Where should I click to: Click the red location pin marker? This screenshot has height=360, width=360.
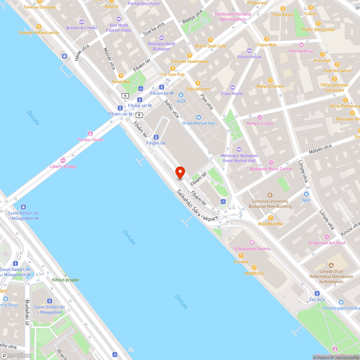coord(180,173)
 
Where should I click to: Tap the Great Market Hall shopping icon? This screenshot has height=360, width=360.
coord(198,117)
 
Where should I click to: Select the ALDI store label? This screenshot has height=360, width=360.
coord(181,101)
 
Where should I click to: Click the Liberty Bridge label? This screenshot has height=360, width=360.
coord(63,166)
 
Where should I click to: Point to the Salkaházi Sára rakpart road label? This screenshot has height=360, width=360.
coord(197,205)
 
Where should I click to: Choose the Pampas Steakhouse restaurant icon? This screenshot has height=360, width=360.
coord(189,55)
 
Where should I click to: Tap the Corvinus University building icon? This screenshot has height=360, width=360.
coord(270,195)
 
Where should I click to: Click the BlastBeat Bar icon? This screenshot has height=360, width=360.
coord(270,217)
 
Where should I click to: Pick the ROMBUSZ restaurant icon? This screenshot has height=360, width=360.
coord(254,267)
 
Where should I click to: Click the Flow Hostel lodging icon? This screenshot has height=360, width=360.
coord(232,87)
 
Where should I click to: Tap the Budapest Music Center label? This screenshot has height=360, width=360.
coord(271,169)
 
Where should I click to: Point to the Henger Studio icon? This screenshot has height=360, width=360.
coord(260,117)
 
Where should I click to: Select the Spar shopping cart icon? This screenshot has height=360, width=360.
coord(306,194)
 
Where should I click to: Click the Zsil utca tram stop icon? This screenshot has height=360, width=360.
coord(317,293)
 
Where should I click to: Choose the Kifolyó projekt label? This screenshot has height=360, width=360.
coord(66,280)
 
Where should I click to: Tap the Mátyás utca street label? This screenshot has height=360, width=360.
coord(320,149)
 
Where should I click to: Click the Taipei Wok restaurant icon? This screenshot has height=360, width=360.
coord(267,39)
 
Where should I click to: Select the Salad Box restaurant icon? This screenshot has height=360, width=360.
coord(121,76)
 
